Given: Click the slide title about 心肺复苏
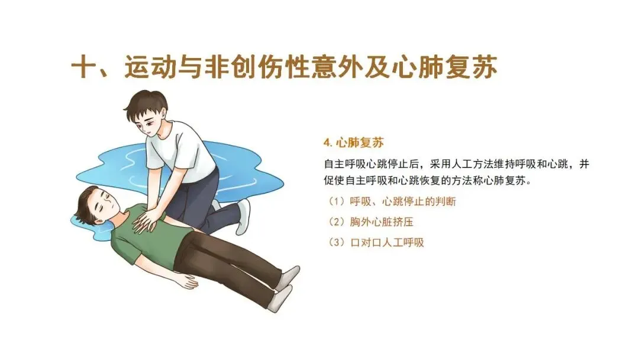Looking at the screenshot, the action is point(284,67).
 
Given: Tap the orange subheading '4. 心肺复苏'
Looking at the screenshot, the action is point(354,143).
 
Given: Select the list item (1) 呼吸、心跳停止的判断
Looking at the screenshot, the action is point(392,201).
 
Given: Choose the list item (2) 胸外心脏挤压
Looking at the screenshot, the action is point(370,222).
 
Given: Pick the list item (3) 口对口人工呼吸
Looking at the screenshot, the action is point(376,243).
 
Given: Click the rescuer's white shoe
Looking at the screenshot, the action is point(243,217).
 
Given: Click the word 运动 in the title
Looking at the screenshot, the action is point(150,67).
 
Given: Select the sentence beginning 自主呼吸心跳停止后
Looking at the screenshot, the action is point(456,164).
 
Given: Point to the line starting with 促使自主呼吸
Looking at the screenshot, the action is point(428,180).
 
